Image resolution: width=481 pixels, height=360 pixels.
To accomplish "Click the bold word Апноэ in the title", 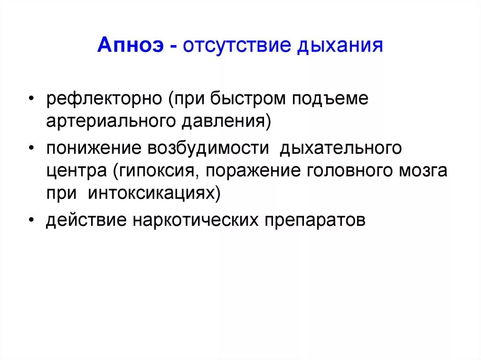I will tap(130, 46).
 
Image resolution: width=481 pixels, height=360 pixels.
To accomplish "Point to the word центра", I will tap(77, 171).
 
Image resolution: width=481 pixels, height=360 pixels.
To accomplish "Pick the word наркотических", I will tap(194, 220).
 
